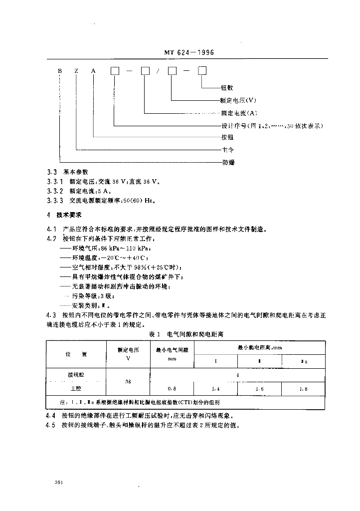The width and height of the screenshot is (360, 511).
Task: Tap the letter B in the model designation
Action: coord(59,71)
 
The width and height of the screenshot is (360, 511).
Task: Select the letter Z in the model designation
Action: coord(76,71)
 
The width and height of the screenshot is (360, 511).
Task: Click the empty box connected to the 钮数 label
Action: coord(202,71)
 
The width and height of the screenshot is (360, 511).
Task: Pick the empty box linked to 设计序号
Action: coord(115,71)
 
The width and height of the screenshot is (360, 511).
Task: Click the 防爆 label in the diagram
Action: coord(228,162)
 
